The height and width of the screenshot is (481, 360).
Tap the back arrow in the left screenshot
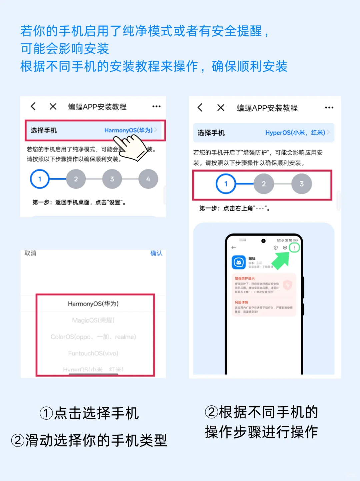pyautogui.click(x=33, y=106)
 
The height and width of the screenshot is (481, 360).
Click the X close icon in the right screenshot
pyautogui.click(x=221, y=108)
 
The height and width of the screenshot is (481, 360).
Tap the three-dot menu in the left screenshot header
pyautogui.click(x=156, y=106)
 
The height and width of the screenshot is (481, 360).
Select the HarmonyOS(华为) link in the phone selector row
pyautogui.click(x=128, y=130)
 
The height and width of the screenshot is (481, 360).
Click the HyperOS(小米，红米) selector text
pyautogui.click(x=295, y=133)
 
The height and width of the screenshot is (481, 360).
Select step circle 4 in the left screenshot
pyautogui.click(x=148, y=179)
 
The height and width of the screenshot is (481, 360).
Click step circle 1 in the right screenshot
pyautogui.click(x=226, y=184)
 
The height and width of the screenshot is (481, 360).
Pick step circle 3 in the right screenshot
pyautogui.click(x=301, y=184)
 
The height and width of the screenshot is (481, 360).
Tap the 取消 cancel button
pyautogui.click(x=30, y=253)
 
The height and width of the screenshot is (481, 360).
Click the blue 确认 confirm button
pyautogui.click(x=156, y=253)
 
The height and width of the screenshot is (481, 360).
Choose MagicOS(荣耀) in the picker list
pyautogui.click(x=93, y=320)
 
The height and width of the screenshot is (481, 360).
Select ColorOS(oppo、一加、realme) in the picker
pyautogui.click(x=93, y=337)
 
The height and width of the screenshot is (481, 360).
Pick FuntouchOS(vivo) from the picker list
pyautogui.click(x=93, y=353)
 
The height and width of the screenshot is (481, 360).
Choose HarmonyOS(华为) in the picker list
pyautogui.click(x=93, y=304)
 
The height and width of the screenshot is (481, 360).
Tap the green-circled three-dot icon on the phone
pyautogui.click(x=294, y=248)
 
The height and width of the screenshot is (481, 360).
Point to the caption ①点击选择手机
pyautogui.click(x=89, y=413)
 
